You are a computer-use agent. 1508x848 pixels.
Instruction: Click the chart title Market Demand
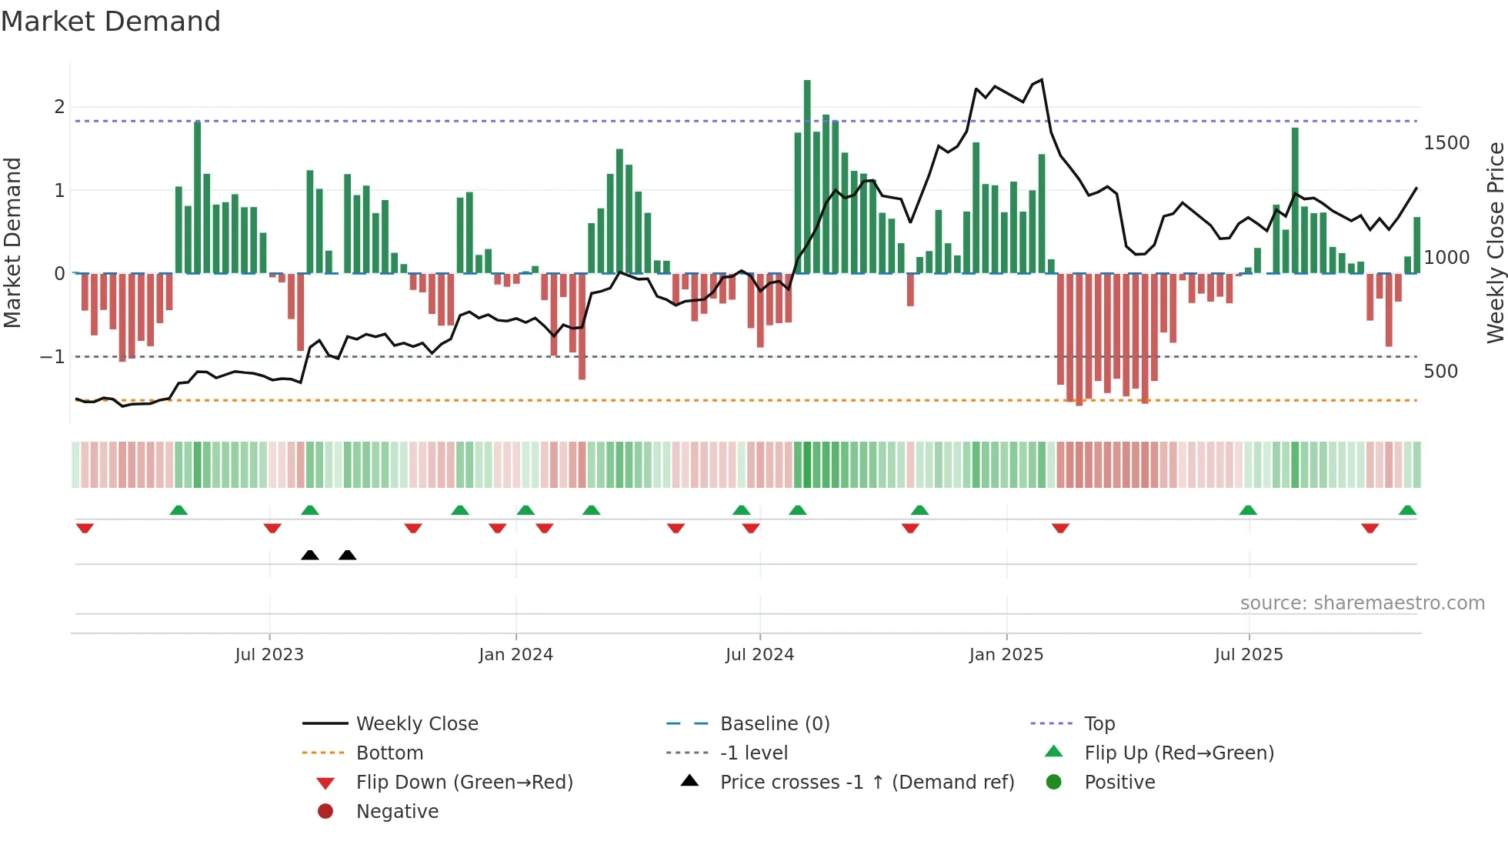[x=111, y=22]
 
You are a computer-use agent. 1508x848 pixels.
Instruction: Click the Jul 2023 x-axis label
[x=269, y=655]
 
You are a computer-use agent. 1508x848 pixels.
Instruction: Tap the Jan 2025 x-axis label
[x=1006, y=655]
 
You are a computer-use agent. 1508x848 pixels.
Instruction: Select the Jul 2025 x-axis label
[x=1249, y=655]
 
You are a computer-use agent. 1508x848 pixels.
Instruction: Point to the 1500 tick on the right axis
[x=1446, y=143]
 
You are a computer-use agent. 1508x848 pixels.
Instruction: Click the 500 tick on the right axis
[x=1440, y=372]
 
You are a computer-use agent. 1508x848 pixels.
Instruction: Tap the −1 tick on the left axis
[x=52, y=357]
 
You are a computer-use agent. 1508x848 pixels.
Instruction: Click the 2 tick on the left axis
[x=59, y=107]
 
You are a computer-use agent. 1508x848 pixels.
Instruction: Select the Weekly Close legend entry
[x=416, y=724]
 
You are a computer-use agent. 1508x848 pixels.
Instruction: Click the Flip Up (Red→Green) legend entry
[x=1179, y=753]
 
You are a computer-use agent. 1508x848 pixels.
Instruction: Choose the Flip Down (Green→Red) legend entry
[x=464, y=783]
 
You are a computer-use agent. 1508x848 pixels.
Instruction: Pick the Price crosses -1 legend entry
[x=866, y=783]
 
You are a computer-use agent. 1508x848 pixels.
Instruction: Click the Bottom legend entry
[x=389, y=753]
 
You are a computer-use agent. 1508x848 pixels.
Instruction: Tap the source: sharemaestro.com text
[x=1362, y=603]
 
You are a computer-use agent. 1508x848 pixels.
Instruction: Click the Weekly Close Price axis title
[x=1495, y=242]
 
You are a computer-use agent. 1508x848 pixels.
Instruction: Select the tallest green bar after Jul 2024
[x=807, y=177]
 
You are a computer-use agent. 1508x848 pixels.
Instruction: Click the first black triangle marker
[x=310, y=555]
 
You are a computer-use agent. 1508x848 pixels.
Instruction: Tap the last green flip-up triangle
[x=1407, y=510]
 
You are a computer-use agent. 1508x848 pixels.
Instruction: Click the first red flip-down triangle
[x=85, y=528]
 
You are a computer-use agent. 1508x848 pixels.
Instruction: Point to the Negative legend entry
[x=397, y=812]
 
